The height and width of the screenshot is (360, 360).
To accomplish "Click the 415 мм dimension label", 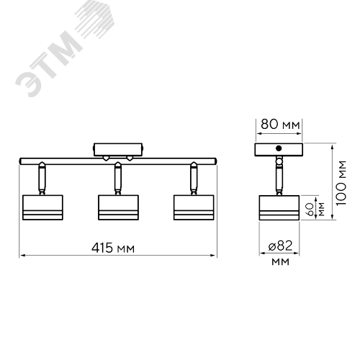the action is pyautogui.click(x=113, y=248).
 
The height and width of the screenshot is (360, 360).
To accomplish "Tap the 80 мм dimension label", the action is pyautogui.click(x=280, y=125).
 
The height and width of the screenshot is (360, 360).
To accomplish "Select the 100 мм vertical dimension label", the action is pyautogui.click(x=341, y=183).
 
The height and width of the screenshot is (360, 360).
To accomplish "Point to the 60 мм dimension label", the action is pyautogui.click(x=316, y=210).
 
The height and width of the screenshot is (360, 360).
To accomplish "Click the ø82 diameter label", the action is pyautogui.click(x=280, y=246).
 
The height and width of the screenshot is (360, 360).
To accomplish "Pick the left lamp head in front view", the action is pyautogui.click(x=42, y=207).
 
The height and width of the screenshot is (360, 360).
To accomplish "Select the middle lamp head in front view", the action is pyautogui.click(x=118, y=207).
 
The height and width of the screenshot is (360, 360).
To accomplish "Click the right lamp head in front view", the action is pyautogui.click(x=194, y=207).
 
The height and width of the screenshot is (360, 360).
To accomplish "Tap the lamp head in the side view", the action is pyautogui.click(x=279, y=207).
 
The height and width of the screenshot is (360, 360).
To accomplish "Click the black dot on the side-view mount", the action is pyautogui.click(x=279, y=148).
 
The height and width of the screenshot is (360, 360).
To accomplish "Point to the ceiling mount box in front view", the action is pyautogui.click(x=118, y=150).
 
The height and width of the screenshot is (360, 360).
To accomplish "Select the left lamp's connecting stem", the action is pyautogui.click(x=42, y=178).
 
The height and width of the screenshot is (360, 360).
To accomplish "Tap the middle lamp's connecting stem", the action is pyautogui.click(x=117, y=178).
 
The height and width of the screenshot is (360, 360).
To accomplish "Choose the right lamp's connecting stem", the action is pyautogui.click(x=194, y=178).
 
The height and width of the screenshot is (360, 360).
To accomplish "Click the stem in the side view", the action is pyautogui.click(x=279, y=180).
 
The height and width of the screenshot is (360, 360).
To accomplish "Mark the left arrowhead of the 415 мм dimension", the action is pyautogui.click(x=22, y=256).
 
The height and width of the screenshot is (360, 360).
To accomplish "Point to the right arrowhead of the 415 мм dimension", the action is pyautogui.click(x=214, y=256).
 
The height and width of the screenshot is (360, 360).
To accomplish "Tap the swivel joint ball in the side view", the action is pyautogui.click(x=279, y=161).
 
